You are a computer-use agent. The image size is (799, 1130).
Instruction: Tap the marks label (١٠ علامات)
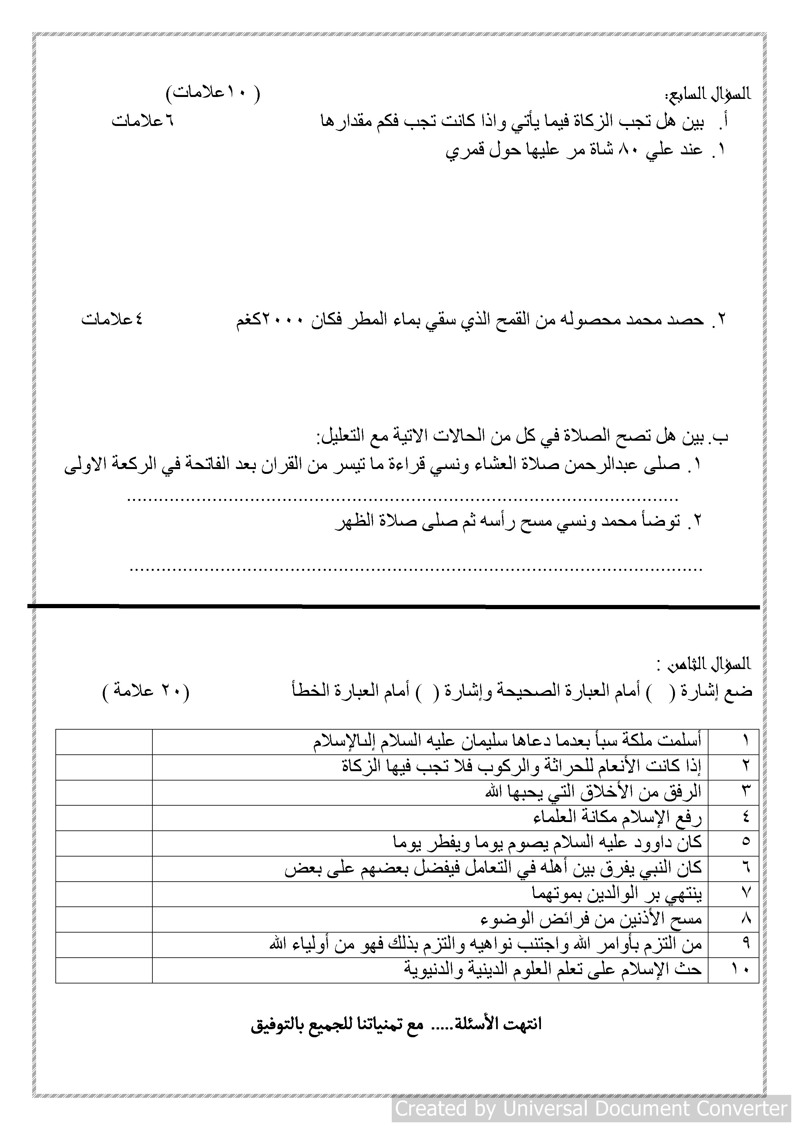point(213,92)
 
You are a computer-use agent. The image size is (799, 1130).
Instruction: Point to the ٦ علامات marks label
point(142,121)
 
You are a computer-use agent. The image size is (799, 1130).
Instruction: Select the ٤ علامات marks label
point(112,320)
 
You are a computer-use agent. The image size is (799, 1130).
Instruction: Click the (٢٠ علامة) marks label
point(146,691)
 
